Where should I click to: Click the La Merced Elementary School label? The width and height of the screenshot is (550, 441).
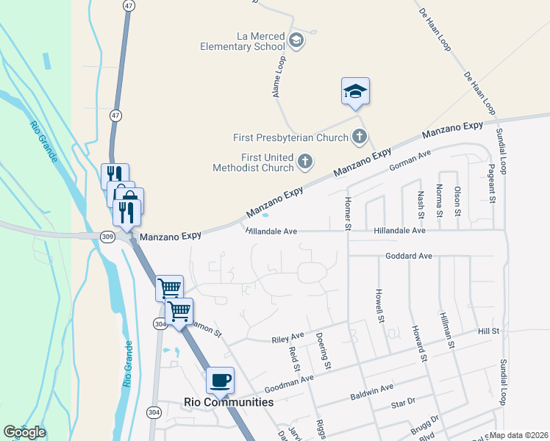243,40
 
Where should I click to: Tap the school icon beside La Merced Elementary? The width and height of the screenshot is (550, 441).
296,40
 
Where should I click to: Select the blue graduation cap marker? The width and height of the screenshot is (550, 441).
355,92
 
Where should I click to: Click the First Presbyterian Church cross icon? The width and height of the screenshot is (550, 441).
359,137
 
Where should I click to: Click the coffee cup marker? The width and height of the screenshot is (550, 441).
221,381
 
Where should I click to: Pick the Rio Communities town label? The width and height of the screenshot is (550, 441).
228,402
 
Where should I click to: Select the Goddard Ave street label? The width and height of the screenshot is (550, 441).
409,257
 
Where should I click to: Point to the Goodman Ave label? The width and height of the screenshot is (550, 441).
289,382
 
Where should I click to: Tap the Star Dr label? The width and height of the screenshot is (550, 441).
404,403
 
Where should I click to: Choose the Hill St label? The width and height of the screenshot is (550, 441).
488,331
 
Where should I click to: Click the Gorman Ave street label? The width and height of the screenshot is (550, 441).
410,159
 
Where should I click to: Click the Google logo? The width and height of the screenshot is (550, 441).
24,432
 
